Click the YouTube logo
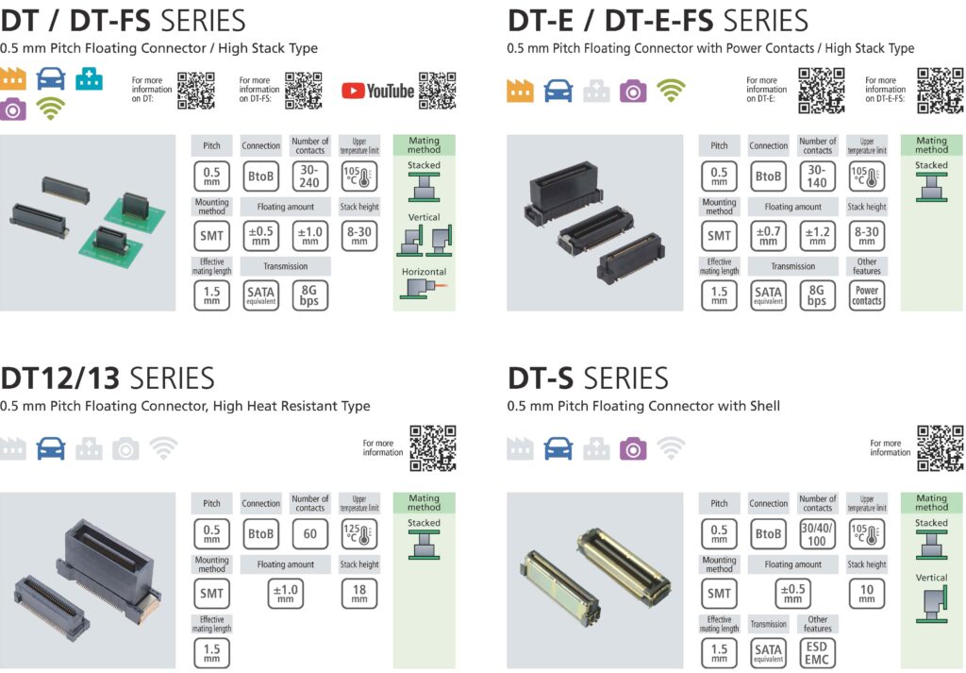377,91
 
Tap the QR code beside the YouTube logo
437,91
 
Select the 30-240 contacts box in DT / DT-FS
309,176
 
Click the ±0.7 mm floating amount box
768,235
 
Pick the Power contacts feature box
866,295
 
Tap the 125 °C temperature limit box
359,533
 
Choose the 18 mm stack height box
359,593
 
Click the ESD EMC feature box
817,653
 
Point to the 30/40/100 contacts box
817,533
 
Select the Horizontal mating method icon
423,287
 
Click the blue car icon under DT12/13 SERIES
51,449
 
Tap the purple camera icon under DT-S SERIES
633,448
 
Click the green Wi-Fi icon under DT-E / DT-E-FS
671,90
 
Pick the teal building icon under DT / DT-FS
90,79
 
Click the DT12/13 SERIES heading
108,379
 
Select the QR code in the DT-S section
940,447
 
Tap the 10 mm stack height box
866,593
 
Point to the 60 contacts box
309,533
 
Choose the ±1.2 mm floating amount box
817,235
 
